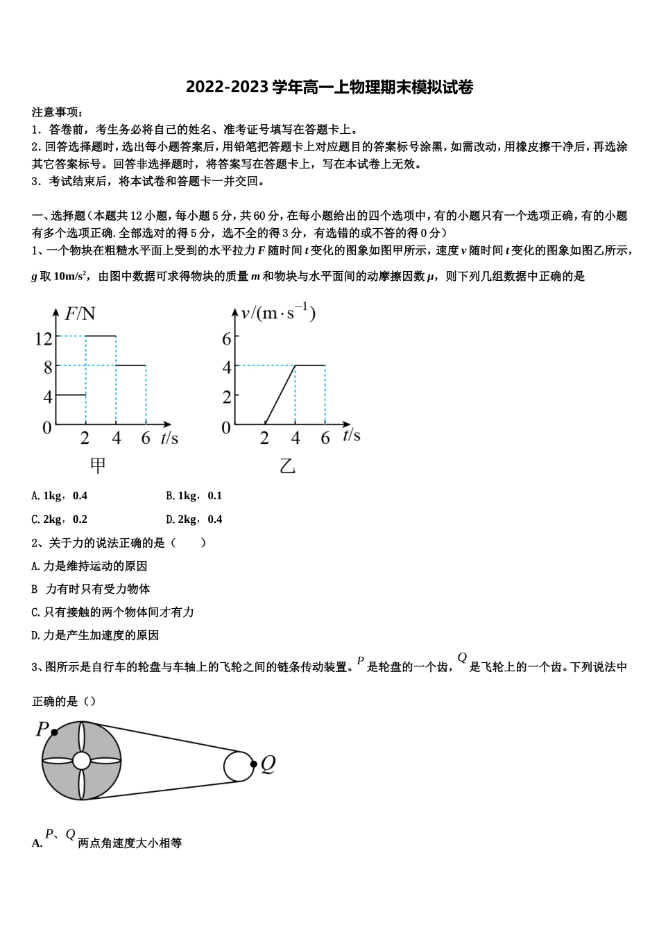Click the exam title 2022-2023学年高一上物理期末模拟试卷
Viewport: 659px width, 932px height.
pos(329,87)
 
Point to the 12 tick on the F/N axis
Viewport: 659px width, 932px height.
pos(44,338)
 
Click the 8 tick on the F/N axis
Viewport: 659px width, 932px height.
pos(48,367)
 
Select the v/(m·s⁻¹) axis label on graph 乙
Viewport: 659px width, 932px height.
pos(278,313)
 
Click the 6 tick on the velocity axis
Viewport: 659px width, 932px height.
pos(226,338)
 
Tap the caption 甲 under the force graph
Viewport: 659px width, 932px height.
pos(98,465)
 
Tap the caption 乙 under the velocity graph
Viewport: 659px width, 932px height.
pos(287,466)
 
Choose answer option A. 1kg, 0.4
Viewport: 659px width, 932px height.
pos(60,496)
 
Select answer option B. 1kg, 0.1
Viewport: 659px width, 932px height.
pos(194,496)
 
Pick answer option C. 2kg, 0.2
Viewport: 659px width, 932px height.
pos(60,519)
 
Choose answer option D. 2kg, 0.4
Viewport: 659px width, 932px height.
pos(194,519)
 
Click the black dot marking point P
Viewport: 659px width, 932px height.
pos(55,732)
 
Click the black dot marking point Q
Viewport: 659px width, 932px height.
pos(254,765)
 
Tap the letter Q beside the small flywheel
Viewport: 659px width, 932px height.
pos(268,764)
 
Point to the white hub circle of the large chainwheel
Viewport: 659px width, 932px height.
pos(81,761)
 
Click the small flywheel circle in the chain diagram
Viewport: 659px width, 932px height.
pos(238,766)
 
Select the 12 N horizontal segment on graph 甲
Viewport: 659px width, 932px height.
pos(101,336)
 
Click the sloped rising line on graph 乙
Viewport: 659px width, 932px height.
pos(280,394)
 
